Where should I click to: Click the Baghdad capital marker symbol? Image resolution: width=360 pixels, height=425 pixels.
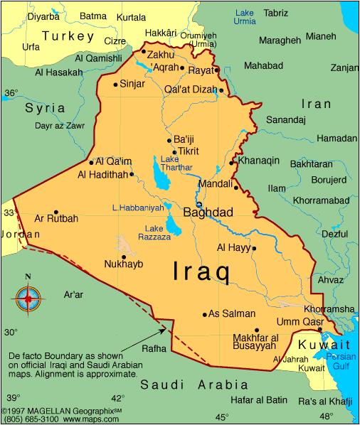pyautogui.click(x=198, y=205)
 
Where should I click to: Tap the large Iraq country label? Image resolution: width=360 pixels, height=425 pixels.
pyautogui.click(x=201, y=271)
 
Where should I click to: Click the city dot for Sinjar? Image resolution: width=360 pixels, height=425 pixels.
pyautogui.click(x=115, y=85)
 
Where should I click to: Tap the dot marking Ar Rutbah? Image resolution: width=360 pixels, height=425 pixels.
pyautogui.click(x=55, y=211)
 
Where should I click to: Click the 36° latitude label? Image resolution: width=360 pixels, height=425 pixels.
pyautogui.click(x=11, y=93)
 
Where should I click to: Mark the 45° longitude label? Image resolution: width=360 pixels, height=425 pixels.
pyautogui.click(x=222, y=416)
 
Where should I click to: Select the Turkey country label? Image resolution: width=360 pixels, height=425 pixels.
pyautogui.click(x=68, y=36)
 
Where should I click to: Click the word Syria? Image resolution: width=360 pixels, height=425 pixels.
pyautogui.click(x=45, y=108)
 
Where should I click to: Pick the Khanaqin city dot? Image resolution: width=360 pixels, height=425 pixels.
pyautogui.click(x=232, y=163)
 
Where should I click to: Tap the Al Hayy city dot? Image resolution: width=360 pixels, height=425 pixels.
pyautogui.click(x=254, y=248)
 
